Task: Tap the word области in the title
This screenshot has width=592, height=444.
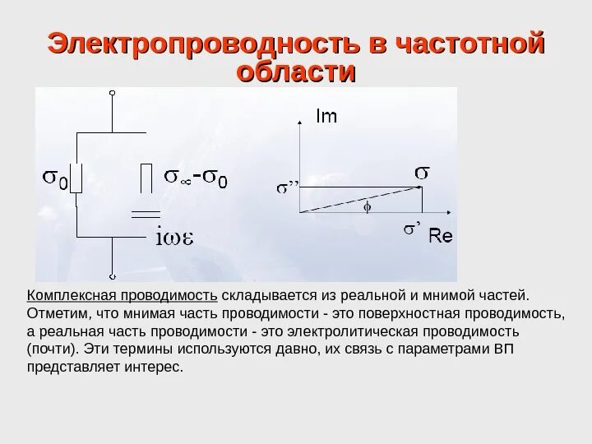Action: coord(295,72)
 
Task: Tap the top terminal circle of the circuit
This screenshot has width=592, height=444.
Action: coord(112,95)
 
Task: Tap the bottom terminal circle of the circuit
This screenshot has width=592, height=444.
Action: coord(112,277)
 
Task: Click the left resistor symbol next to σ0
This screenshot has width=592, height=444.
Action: coord(76,178)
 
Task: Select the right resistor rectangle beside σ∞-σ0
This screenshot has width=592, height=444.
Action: coord(146,178)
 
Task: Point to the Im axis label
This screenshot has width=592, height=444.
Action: coord(326,118)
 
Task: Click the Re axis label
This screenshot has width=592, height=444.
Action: coord(441,237)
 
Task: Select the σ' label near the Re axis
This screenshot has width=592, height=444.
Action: coord(413,230)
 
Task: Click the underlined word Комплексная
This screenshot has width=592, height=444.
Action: coord(71,296)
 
